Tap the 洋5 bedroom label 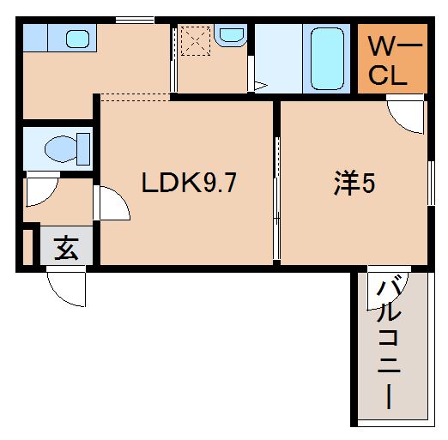(x=353, y=184)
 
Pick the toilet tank (x=83, y=148)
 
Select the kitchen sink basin (x=78, y=39)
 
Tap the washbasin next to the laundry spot (x=230, y=35)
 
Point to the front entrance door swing (x=68, y=288)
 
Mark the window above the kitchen (x=135, y=19)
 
